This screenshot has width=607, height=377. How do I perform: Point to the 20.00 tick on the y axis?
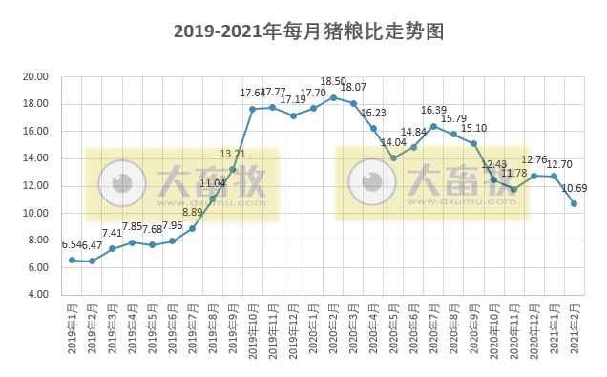(36, 76)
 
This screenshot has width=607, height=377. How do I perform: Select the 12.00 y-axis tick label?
(36, 186)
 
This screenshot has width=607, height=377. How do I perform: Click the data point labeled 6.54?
(72, 260)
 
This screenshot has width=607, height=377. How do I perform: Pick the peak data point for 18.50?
(333, 97)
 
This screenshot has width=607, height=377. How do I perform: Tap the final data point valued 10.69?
(574, 203)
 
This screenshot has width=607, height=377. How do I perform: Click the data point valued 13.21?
(232, 169)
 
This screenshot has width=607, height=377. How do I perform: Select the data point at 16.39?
(433, 126)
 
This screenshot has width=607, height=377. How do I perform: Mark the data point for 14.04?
(393, 157)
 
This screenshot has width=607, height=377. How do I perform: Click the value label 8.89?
(192, 212)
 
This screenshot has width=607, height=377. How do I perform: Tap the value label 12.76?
(534, 159)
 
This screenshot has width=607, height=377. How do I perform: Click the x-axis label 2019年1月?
(73, 329)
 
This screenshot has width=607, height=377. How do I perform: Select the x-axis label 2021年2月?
(575, 329)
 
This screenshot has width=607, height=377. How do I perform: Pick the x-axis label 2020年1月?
(313, 329)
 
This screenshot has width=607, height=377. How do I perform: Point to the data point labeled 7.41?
(112, 248)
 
